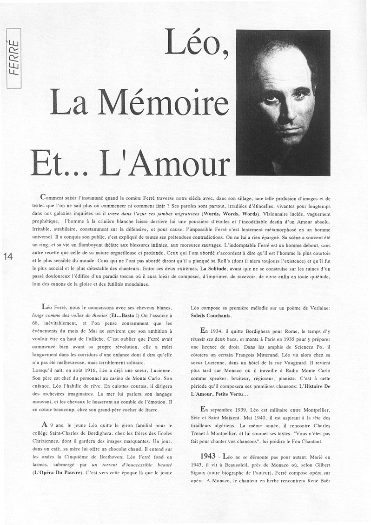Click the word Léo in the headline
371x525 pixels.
[195, 46]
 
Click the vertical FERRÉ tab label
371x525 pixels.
[14, 58]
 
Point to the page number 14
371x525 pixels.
[8, 256]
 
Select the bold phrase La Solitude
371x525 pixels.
[215, 269]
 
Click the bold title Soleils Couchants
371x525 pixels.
[211, 316]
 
